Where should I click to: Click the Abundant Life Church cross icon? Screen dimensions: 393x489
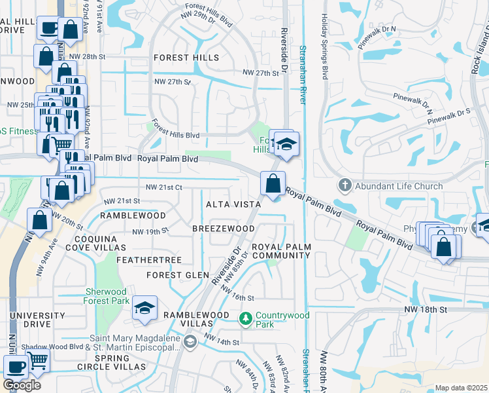pos(345,186)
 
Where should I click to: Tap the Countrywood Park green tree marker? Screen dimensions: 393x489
pos(246,318)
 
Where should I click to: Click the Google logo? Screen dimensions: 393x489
pos(22,384)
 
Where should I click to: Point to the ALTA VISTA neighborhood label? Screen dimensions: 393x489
pos(233,204)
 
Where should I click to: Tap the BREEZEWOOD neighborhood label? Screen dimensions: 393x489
pos(223,228)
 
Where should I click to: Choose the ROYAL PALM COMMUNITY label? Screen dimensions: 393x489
pos(281,250)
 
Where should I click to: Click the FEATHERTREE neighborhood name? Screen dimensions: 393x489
pos(148,260)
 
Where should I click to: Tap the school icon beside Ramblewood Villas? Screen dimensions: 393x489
pos(144,308)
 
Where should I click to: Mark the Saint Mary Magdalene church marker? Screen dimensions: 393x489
pos(190,341)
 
